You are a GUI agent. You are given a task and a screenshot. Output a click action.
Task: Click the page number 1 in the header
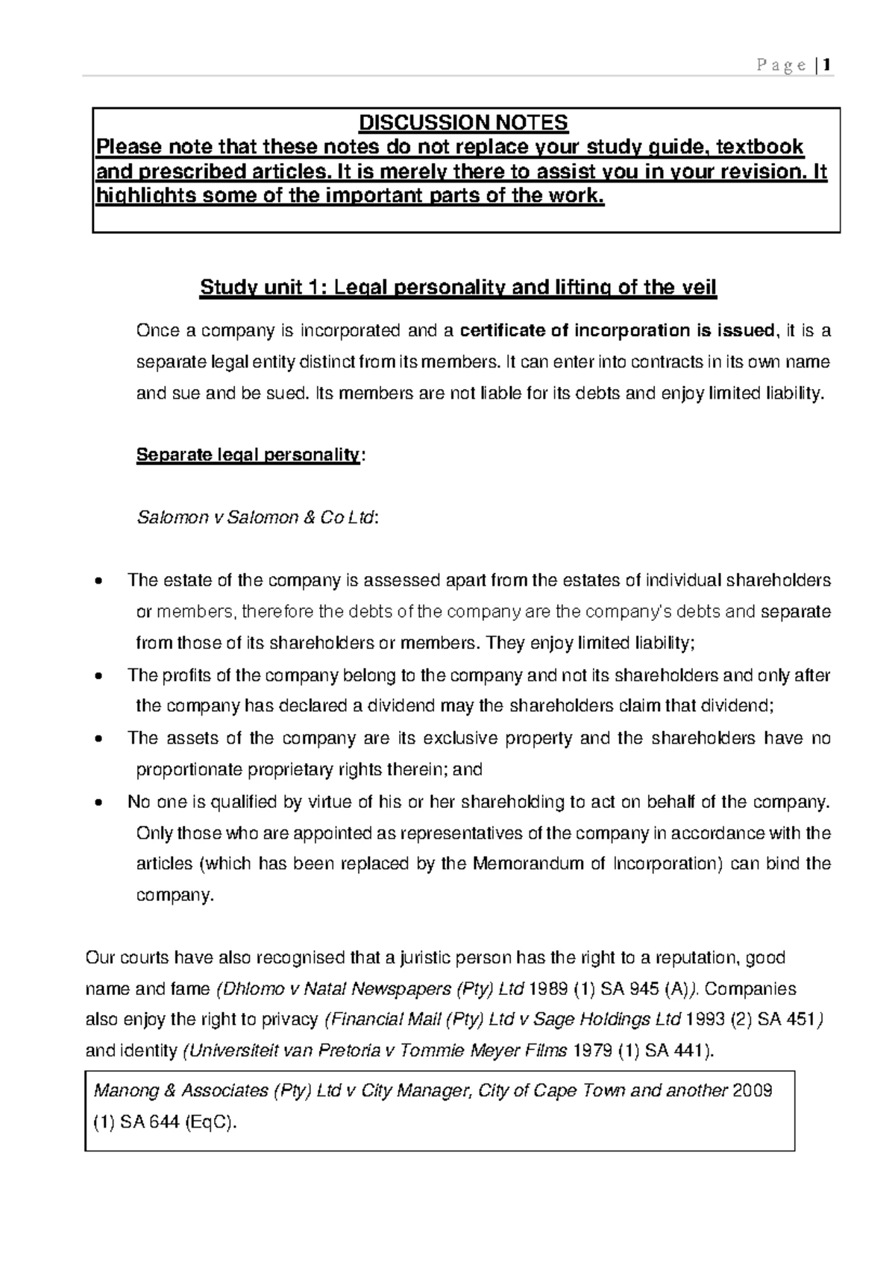point(828,66)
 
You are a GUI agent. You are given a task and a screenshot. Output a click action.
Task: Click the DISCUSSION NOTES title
point(463,122)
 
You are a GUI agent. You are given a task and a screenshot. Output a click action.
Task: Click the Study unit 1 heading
point(457,288)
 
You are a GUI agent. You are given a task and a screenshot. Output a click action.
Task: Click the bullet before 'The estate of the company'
point(99,582)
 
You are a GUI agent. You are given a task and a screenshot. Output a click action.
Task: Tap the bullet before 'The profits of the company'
point(99,677)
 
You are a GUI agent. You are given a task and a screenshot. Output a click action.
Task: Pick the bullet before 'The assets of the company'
point(99,739)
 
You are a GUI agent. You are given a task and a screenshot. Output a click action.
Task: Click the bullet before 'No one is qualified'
point(99,803)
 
